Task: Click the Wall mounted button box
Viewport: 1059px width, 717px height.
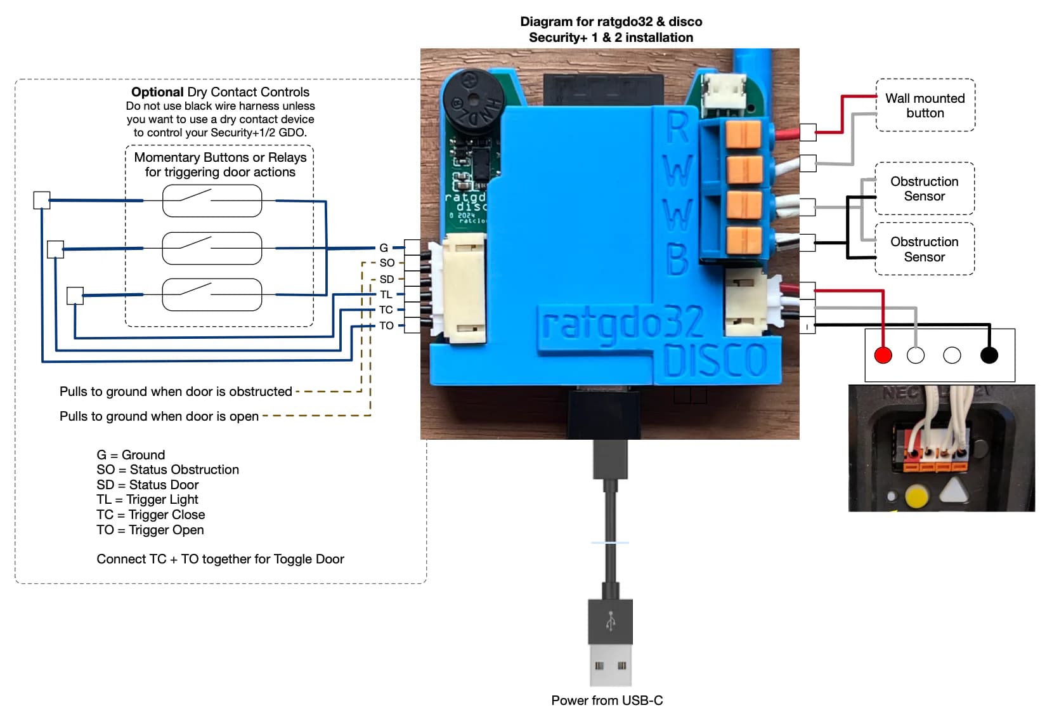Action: click(x=925, y=105)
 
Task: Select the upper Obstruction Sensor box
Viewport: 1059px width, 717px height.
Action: click(x=924, y=188)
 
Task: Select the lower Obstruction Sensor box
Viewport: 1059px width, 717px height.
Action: click(x=924, y=249)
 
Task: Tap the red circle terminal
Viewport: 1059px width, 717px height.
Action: click(x=883, y=355)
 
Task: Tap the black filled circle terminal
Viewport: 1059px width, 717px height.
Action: click(x=989, y=355)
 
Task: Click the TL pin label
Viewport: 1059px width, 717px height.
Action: click(x=386, y=294)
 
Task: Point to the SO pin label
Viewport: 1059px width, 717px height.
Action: click(x=386, y=263)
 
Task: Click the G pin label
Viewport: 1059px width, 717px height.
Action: click(x=383, y=247)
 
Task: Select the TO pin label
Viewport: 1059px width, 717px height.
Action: click(x=386, y=326)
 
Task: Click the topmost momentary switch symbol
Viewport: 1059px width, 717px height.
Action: click(x=212, y=201)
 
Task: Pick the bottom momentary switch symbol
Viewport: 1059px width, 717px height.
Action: click(x=212, y=294)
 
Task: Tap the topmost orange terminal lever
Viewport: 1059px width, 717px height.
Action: click(x=743, y=134)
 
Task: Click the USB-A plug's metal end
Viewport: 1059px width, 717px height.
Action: click(x=610, y=665)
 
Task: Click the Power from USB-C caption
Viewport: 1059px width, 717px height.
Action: click(x=607, y=701)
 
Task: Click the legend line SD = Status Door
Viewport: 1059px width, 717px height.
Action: click(x=147, y=485)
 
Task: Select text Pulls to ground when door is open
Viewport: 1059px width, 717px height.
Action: click(x=159, y=416)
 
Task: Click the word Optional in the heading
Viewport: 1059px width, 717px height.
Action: click(x=157, y=92)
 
